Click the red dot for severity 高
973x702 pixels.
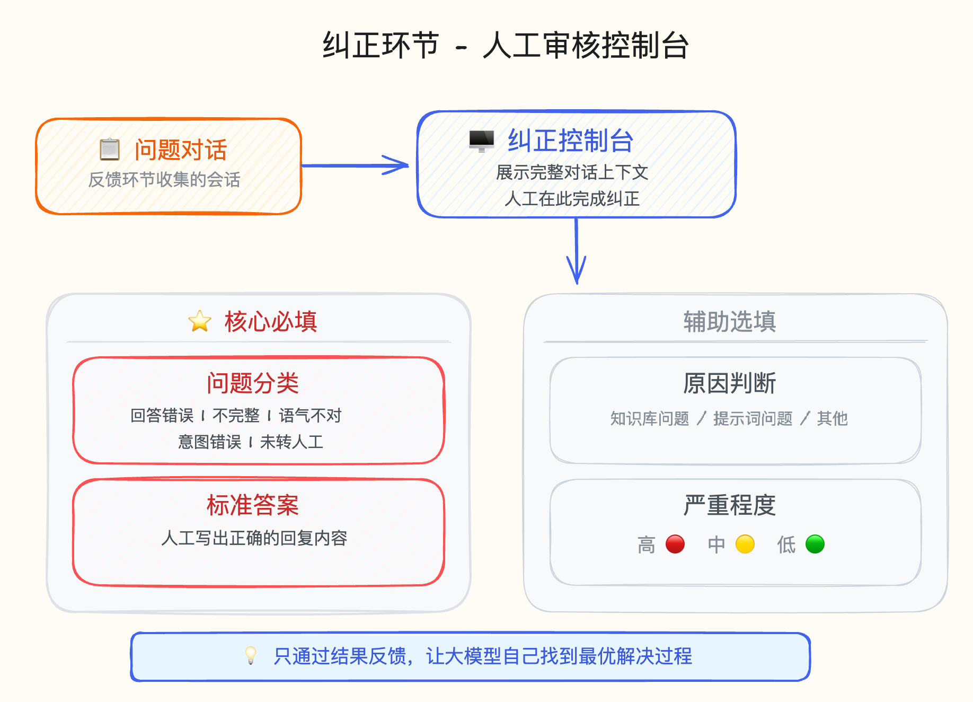[675, 544]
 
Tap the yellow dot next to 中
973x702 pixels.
[745, 544]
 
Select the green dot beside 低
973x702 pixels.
[815, 544]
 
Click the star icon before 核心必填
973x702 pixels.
[200, 321]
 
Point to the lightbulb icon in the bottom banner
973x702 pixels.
[251, 655]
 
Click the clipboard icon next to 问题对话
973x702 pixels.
[110, 149]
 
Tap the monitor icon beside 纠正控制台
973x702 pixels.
[481, 141]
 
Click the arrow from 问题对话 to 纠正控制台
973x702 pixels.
[355, 165]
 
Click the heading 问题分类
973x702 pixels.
[253, 383]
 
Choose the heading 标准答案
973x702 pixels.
[253, 505]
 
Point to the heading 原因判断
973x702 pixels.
[729, 383]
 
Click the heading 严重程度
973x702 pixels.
[729, 505]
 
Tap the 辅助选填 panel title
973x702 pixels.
[729, 321]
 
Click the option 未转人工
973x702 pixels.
[291, 442]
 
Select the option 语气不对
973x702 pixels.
[310, 415]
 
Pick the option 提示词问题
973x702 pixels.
[753, 418]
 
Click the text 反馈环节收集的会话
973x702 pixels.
[164, 180]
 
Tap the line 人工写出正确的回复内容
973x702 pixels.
[254, 538]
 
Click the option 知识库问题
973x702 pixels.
[649, 418]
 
